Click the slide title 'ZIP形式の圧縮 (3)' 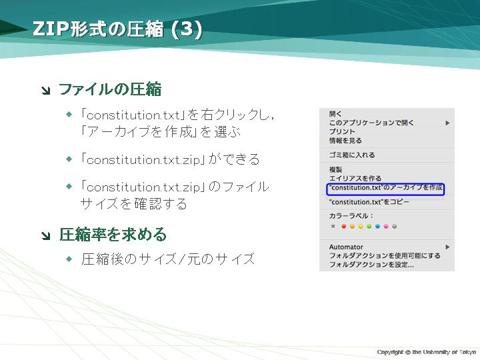coord(117,29)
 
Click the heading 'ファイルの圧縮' coord(110,90)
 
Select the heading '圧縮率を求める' coord(113,235)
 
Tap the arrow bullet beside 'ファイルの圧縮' coord(46,90)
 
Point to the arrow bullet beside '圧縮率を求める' coord(46,235)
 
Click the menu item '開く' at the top coord(335,114)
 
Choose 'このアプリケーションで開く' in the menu coord(371,123)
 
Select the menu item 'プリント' coord(342,131)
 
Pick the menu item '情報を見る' coord(345,141)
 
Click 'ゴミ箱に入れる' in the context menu coord(352,155)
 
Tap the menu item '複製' coord(335,169)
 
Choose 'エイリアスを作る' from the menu coord(355,178)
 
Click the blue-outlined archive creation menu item coord(385,189)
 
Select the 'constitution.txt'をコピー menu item coord(369,202)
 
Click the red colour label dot coord(344,227)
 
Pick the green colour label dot coord(369,227)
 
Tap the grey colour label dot coord(395,227)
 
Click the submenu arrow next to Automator coord(447,247)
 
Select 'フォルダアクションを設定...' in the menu coord(371,265)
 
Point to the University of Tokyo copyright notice coord(427,352)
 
